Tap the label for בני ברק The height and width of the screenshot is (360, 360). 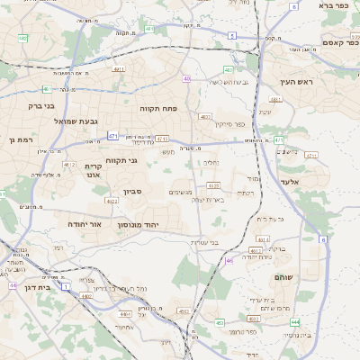tap(40, 106)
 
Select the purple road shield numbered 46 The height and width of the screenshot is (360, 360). tap(229, 260)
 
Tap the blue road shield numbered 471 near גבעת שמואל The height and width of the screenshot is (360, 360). tap(112, 136)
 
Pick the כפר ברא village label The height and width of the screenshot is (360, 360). tap(334, 5)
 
